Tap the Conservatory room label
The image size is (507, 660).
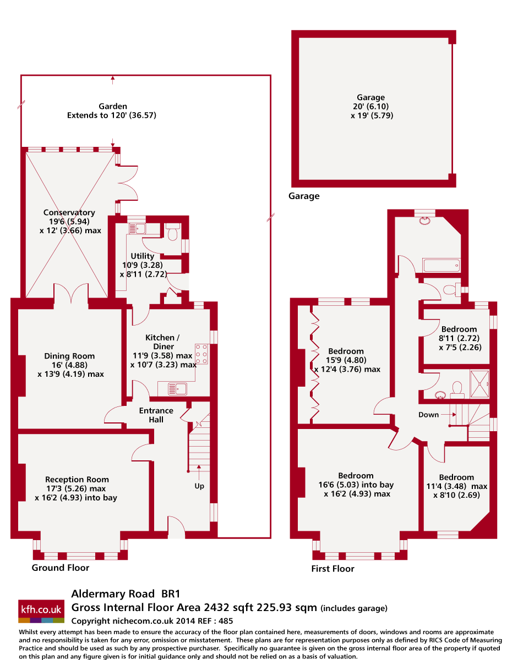pos(69,213)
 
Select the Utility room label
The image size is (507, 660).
pos(143,256)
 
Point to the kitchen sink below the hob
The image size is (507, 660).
pos(178,389)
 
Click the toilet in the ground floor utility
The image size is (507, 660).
pos(172,233)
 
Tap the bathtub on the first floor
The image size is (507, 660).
pos(440,266)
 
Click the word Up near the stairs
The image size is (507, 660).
pos(199,487)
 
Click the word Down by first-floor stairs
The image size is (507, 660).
pos(428,415)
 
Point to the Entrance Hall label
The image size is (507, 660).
pos(156,415)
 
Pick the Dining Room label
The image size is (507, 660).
pos(69,356)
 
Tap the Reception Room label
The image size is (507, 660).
pos(77,480)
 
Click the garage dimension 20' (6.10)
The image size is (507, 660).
pos(370,107)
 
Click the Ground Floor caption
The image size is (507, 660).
pos(61,568)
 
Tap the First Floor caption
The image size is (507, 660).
pos(333,569)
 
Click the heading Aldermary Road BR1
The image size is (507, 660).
pos(126,594)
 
